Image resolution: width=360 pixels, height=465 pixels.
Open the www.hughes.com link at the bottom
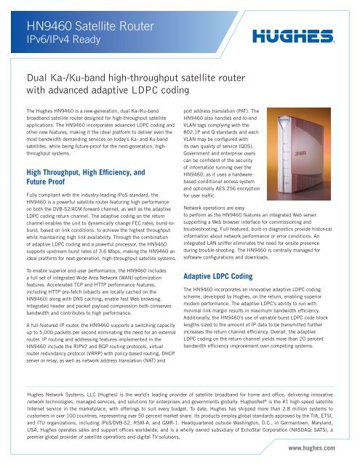point(326,450)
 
